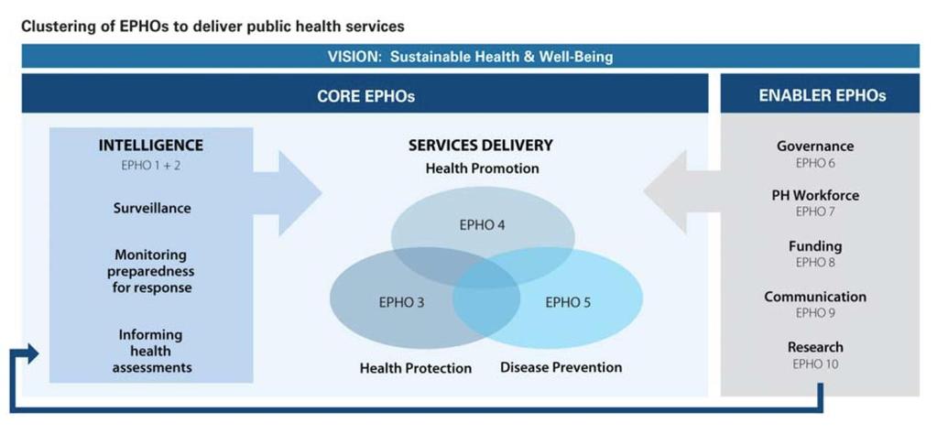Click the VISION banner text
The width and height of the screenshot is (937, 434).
[x=470, y=58]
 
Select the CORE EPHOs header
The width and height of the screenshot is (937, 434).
[x=365, y=96]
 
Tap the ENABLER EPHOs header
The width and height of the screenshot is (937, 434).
[x=823, y=95]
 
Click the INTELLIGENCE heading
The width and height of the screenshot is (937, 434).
[x=150, y=145]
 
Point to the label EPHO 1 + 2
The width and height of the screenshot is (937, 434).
[x=150, y=166]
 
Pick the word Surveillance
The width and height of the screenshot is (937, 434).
[x=152, y=209]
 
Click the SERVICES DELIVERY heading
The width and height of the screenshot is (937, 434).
[x=481, y=145]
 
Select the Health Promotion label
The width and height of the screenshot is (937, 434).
[x=483, y=168]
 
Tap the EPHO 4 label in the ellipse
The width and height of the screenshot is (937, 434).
[x=483, y=225]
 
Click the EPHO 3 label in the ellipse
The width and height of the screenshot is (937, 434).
[x=401, y=303]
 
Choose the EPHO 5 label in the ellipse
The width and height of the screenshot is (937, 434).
[x=568, y=303]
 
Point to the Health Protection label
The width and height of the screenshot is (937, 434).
[x=415, y=368]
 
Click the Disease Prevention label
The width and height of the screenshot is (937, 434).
[x=561, y=367]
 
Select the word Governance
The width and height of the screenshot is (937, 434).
[x=815, y=146]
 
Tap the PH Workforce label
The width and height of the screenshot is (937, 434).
[x=815, y=195]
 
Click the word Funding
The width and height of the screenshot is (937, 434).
[x=815, y=246]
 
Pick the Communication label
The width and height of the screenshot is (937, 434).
[x=815, y=297]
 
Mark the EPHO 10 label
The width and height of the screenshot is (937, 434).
[x=815, y=363]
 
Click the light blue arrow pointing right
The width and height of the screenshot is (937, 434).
[x=288, y=193]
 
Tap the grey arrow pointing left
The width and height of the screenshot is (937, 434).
[x=681, y=192]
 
